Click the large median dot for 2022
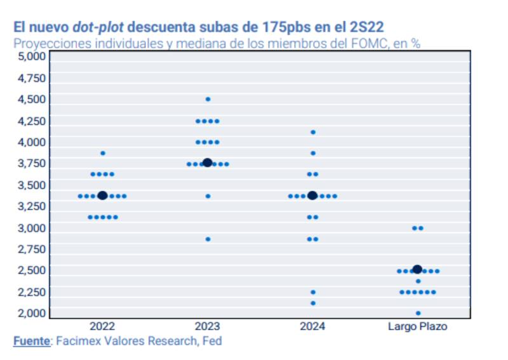[102, 196]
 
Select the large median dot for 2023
[207, 163]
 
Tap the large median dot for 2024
[312, 196]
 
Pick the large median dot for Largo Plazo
[417, 269]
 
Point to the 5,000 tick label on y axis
[29, 56]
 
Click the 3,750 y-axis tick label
[29, 163]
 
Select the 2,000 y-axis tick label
[29, 313]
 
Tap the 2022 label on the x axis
[102, 326]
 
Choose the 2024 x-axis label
[312, 326]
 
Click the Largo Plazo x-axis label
[417, 326]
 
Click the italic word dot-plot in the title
[98, 27]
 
